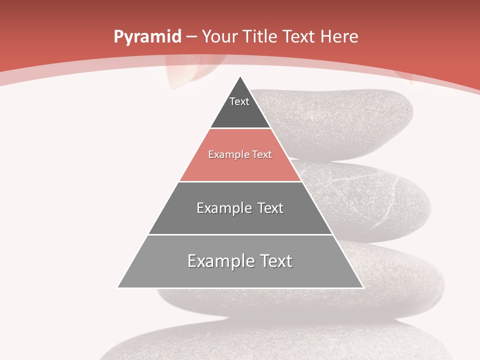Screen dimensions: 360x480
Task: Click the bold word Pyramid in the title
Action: pyautogui.click(x=147, y=37)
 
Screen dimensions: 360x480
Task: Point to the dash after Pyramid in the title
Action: pyautogui.click(x=192, y=37)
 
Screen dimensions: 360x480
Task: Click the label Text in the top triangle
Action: pyautogui.click(x=239, y=101)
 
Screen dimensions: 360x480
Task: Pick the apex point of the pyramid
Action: pyautogui.click(x=240, y=76)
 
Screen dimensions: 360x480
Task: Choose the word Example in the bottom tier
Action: pyautogui.click(x=216, y=261)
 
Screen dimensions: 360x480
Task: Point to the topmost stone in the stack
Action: pyautogui.click(x=350, y=115)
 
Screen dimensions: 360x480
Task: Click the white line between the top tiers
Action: pyautogui.click(x=240, y=128)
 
